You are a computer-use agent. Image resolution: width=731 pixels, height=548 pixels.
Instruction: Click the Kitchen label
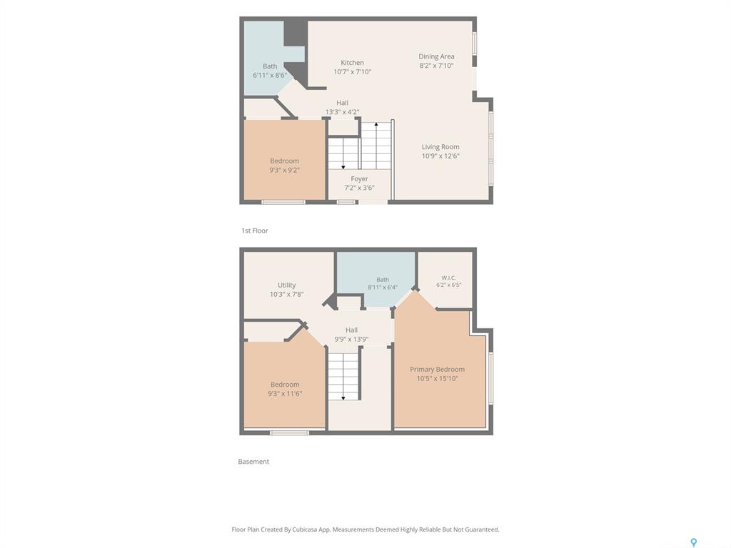pos(352,63)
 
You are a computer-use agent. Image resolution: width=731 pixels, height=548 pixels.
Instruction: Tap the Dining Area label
pos(436,56)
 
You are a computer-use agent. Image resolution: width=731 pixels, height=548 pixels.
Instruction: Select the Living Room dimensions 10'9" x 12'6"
pos(440,156)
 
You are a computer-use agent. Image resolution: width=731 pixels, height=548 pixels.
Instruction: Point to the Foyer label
pos(360,179)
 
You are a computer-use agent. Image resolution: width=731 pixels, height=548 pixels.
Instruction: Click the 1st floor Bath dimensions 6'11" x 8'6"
pos(270,75)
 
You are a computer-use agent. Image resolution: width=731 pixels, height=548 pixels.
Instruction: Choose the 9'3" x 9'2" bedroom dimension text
pos(284,170)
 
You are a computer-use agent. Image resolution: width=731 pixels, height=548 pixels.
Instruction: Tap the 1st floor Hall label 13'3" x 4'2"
pos(342,107)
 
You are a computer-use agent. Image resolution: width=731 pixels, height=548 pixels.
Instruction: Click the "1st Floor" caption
pos(255,230)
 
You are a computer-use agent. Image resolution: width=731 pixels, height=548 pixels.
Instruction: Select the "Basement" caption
pos(253,462)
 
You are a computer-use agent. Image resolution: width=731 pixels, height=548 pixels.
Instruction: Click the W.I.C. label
pos(448,278)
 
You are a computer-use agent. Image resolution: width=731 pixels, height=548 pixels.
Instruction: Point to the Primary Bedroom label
pos(438,369)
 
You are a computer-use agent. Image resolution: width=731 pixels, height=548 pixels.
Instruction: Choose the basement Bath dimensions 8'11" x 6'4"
pos(383,288)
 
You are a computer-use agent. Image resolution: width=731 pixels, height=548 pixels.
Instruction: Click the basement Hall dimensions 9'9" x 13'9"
pos(351,339)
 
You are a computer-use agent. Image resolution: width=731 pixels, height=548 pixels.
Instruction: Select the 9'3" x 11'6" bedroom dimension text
pos(285,394)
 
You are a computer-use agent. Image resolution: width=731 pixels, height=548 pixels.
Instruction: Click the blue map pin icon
pos(694,542)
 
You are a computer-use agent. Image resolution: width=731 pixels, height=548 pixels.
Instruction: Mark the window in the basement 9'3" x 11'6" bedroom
pos(290,433)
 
